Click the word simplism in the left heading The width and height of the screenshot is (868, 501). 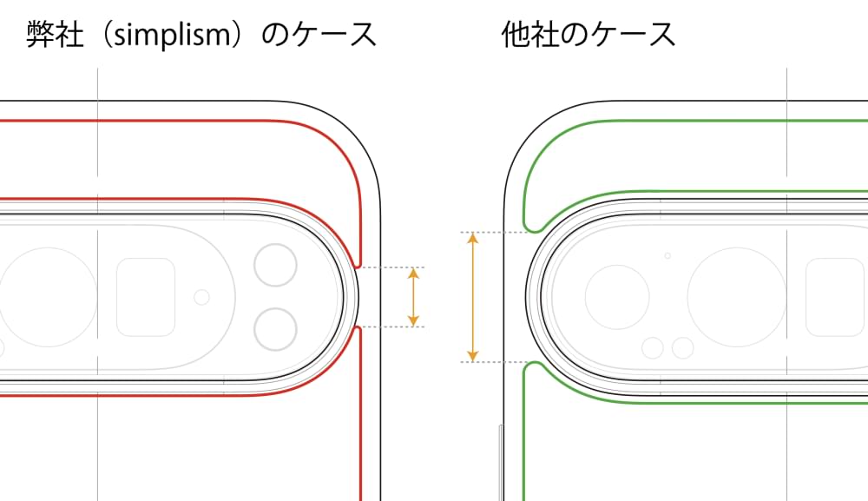(172, 36)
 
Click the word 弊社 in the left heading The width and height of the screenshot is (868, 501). (55, 35)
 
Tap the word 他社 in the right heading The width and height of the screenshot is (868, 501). (529, 35)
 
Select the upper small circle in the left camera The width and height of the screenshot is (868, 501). (276, 265)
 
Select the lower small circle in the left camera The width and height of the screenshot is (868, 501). (276, 329)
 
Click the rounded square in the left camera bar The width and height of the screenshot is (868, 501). (146, 297)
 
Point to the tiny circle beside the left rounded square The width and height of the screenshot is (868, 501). (202, 297)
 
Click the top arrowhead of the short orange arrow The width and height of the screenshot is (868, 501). (413, 274)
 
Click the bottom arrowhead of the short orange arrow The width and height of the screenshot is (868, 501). (413, 320)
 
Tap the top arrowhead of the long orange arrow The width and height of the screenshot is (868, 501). (473, 239)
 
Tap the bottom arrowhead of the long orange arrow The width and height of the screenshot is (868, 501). (473, 355)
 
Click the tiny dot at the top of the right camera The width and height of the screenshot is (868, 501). (667, 256)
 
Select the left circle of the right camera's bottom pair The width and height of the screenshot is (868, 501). (653, 348)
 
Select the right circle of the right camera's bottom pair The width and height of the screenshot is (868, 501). (682, 348)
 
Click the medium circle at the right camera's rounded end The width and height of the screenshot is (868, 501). (617, 297)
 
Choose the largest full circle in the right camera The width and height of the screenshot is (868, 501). (737, 297)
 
